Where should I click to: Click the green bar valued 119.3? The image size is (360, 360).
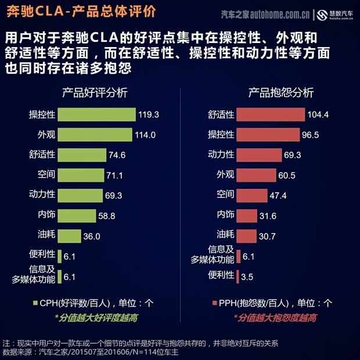97,114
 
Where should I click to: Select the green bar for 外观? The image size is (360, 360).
95,135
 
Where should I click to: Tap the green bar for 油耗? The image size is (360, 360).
70,236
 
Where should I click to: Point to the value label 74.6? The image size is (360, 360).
117,155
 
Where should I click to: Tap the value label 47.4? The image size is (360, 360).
279,195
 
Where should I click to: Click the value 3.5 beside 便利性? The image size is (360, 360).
247,277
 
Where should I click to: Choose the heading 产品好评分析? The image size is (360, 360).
95,93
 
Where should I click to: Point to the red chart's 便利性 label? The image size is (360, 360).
221,275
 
